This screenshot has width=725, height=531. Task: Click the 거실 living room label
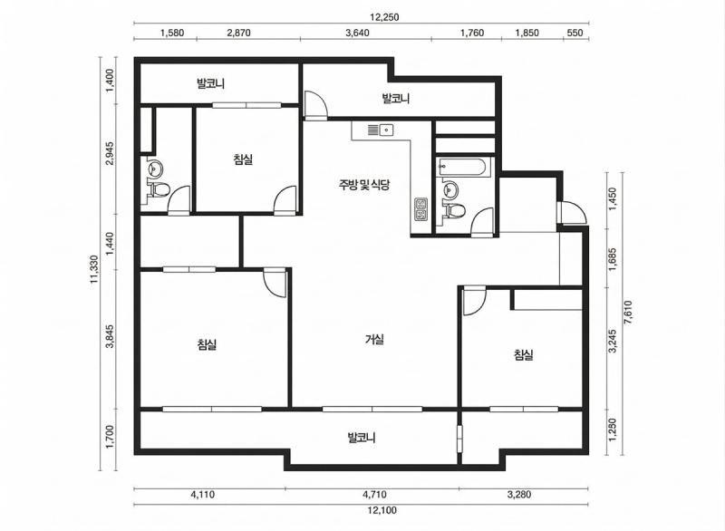point(374,340)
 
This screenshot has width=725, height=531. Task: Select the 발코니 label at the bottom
point(362,438)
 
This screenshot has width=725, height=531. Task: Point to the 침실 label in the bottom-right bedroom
point(523,355)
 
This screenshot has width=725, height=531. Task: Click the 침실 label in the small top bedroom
point(243,159)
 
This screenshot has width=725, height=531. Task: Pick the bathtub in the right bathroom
point(463,167)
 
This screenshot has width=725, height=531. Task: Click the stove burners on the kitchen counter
point(421,209)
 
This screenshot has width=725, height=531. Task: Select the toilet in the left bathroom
point(159,189)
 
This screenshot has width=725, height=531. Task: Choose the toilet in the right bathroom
point(455,211)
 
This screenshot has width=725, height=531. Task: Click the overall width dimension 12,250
point(359,16)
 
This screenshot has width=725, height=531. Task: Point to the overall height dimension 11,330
point(94,268)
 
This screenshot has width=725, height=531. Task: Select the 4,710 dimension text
point(372,495)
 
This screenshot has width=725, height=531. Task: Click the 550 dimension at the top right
point(574,34)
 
